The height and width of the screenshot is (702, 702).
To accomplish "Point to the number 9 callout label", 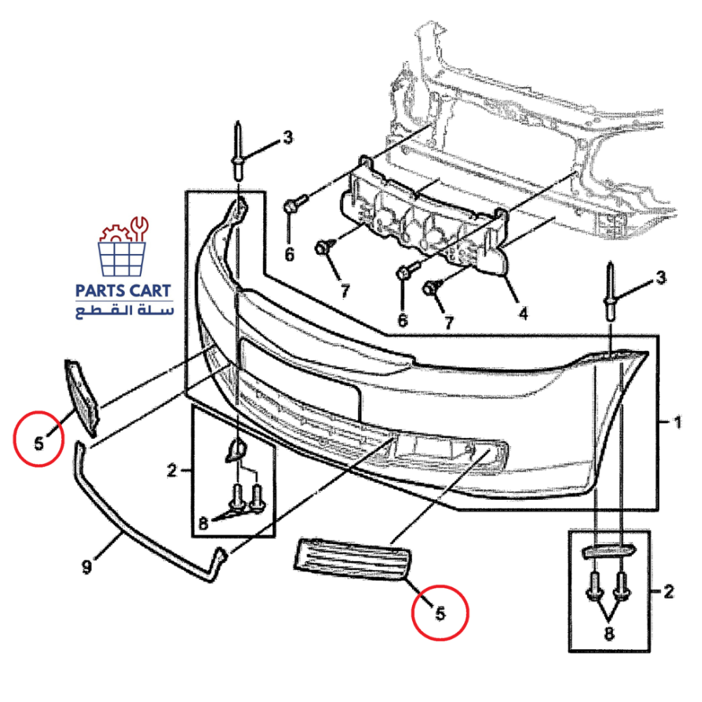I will [86, 567].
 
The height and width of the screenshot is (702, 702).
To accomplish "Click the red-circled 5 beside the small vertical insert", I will [39, 443].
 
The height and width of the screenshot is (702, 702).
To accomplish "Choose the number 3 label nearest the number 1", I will [659, 279].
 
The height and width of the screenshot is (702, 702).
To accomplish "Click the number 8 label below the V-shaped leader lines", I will [608, 634].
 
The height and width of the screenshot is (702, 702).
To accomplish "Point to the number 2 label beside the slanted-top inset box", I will [173, 470].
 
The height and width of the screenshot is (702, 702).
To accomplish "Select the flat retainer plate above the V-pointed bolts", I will [608, 551].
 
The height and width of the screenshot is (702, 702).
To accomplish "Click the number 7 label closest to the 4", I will [448, 322].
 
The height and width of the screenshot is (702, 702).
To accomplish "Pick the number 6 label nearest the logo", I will [289, 254].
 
